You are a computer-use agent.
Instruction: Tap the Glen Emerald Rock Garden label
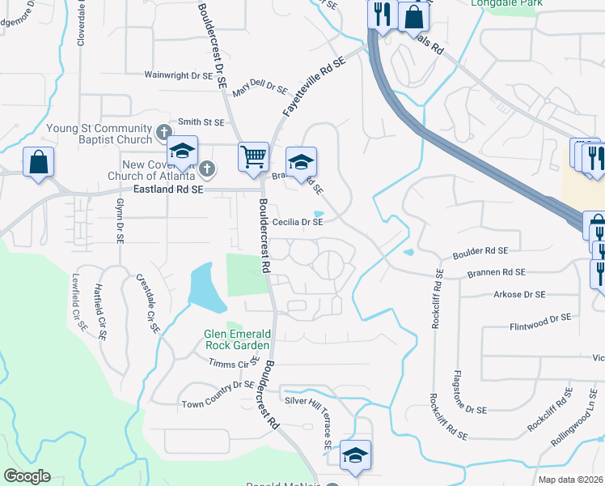pyautogui.click(x=237, y=339)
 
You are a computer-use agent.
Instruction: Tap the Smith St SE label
pyautogui.click(x=201, y=122)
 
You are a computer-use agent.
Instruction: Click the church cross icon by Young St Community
pyautogui.click(x=164, y=130)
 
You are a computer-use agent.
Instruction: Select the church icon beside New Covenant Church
pyautogui.click(x=207, y=168)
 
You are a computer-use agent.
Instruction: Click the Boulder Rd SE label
pyautogui.click(x=480, y=251)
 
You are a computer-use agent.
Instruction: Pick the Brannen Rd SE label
pyautogui.click(x=497, y=272)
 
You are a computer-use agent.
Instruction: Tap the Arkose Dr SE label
pyautogui.click(x=518, y=294)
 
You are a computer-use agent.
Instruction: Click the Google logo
pyautogui.click(x=27, y=476)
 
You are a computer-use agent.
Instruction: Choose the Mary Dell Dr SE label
pyautogui.click(x=260, y=90)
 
